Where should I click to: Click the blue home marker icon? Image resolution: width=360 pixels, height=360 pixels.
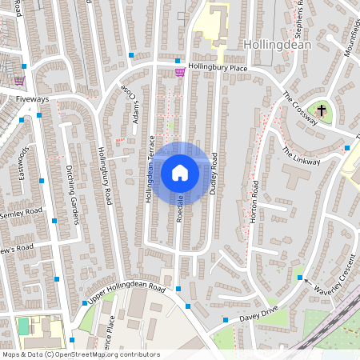coord(180,173)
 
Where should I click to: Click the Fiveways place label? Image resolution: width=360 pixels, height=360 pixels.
coord(33,98)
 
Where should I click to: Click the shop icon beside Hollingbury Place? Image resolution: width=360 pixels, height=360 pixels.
coord(180,72)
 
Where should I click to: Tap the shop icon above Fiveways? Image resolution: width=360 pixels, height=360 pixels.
coord(19,80)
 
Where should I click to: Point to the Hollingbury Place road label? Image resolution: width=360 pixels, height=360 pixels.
coord(218,68)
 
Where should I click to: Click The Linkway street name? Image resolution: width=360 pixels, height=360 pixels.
coord(300,156)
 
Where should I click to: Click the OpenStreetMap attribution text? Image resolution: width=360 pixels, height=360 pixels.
coord(81,354)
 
